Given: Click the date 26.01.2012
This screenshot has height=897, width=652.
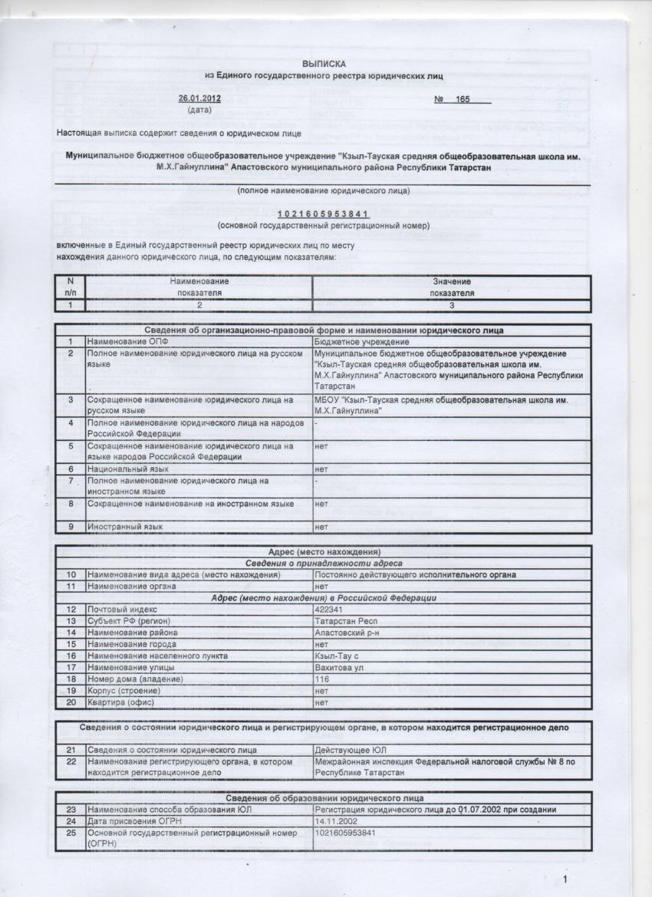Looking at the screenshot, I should pos(199,99).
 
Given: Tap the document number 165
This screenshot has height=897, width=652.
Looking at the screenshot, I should pos(462,100).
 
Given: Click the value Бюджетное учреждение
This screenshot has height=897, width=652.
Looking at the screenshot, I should pos(362,341).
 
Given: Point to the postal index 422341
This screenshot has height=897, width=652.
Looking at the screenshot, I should pos(328,609).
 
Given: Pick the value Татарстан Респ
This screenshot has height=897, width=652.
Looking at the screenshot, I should pos(347,620).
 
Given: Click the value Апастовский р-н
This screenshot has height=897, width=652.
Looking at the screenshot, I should pos(348,632).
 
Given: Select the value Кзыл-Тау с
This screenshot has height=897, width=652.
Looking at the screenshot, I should pos(338,655).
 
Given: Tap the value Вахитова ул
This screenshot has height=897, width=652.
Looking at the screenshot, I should pos(339,667).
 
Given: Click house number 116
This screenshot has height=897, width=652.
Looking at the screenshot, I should pos(322,679).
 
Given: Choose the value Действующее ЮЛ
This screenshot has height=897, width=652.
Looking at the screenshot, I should pos(350,750).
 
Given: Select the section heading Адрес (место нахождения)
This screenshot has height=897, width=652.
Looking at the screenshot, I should pos(324,551).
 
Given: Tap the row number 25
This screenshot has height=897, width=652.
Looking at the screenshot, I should pos(71,833).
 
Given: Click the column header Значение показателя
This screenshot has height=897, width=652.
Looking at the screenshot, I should pos(452,287).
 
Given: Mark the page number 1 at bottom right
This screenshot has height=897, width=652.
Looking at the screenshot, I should pos(565,879).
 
